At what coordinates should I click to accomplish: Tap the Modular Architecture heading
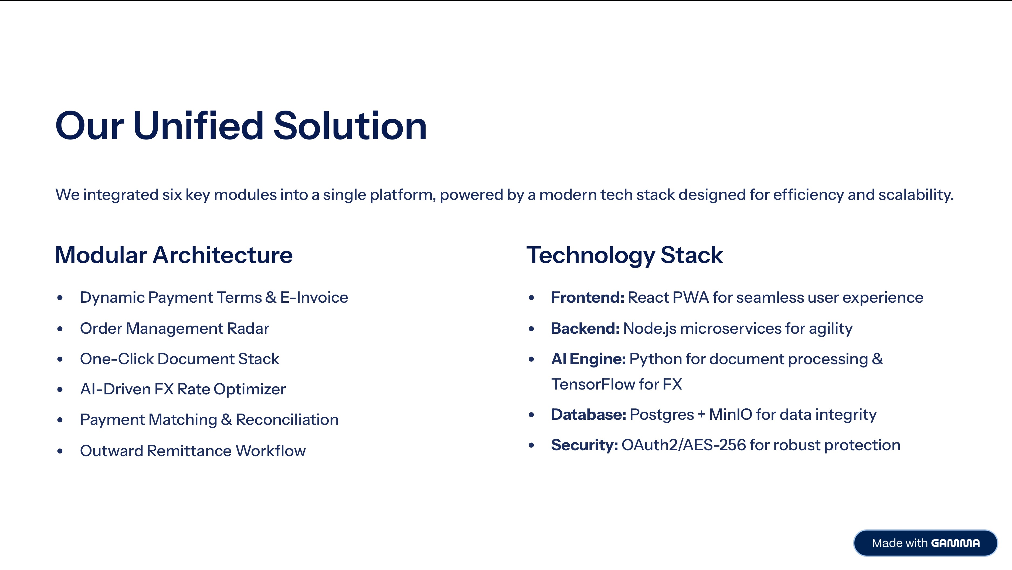point(174,255)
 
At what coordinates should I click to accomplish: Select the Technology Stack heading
point(624,255)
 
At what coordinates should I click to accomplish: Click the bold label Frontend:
point(587,297)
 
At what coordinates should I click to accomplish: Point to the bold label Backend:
point(585,328)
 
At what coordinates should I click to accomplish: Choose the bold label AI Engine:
point(588,359)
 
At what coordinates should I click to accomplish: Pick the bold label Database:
point(588,414)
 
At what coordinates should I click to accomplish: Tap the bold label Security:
point(584,445)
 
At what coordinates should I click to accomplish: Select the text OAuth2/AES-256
point(684,445)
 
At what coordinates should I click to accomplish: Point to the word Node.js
point(649,328)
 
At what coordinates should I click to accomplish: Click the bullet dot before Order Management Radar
point(60,329)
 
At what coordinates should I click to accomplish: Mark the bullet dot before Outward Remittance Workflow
point(60,451)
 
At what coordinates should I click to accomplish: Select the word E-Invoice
point(314,297)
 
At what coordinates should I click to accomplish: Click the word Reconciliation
point(287,419)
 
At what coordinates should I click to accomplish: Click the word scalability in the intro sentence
point(915,195)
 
